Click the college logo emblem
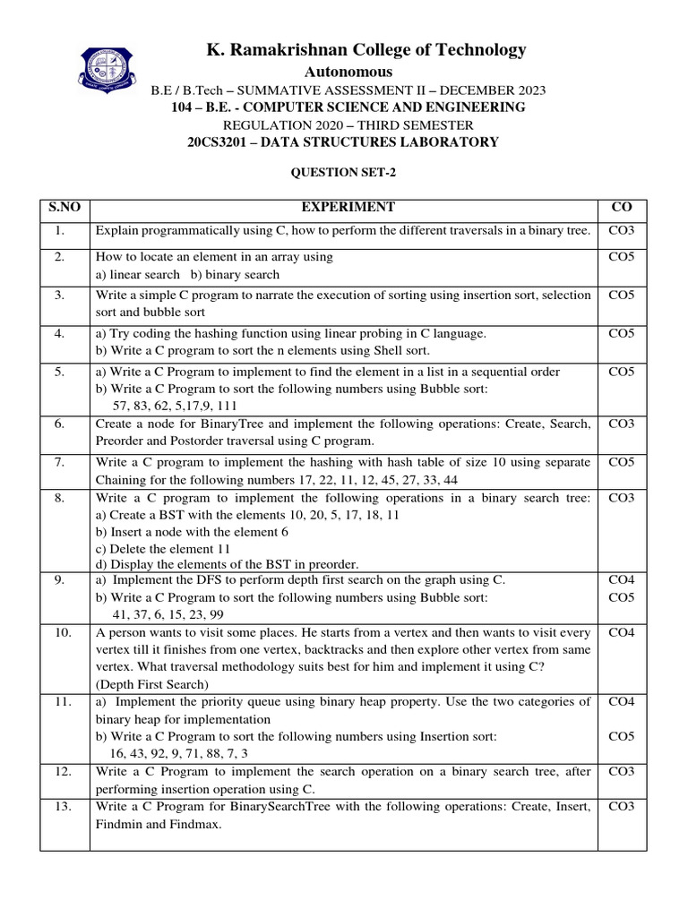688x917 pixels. [x=112, y=74]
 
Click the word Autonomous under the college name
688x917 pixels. [x=348, y=72]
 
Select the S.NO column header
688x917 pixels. [x=64, y=207]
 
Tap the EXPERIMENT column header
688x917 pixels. [x=348, y=207]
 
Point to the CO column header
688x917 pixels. [x=622, y=207]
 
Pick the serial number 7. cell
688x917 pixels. [x=59, y=462]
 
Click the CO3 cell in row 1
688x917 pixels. [x=622, y=231]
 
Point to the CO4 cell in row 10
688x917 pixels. [x=622, y=633]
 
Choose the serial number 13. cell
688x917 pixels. [x=63, y=807]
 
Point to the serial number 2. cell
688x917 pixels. [x=59, y=257]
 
